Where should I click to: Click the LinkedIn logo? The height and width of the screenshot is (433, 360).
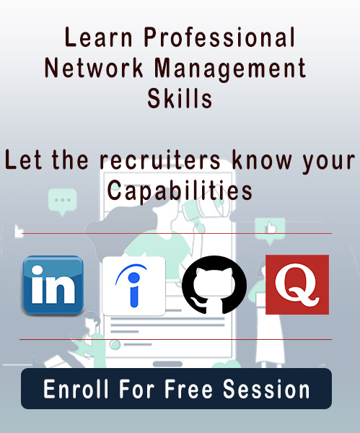click(53, 285)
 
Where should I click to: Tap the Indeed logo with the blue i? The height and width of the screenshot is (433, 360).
click(133, 286)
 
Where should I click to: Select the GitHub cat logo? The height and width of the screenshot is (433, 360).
click(214, 285)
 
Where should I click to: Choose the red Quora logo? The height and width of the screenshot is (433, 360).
click(297, 285)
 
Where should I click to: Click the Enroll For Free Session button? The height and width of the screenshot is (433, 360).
click(177, 388)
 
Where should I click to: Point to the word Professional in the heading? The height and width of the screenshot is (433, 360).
click(220, 37)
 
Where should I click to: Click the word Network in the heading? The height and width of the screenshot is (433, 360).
click(94, 68)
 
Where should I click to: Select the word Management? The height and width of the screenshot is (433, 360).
click(230, 69)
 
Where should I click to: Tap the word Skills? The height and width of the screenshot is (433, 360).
click(180, 98)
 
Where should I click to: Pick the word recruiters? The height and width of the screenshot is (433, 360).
click(160, 159)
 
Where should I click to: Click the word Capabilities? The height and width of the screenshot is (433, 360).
click(180, 191)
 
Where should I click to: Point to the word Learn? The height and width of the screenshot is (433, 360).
click(99, 37)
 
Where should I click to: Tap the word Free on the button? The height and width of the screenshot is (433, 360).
click(188, 388)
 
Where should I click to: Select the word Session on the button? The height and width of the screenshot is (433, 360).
click(266, 388)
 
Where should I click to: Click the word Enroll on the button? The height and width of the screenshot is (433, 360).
click(76, 388)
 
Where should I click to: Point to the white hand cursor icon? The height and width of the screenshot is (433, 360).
click(18, 232)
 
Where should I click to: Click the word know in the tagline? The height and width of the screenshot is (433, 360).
click(262, 159)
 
